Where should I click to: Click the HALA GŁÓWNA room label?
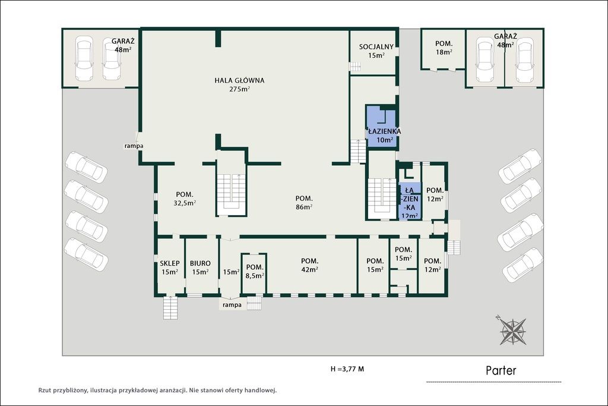pyautogui.click(x=240, y=81)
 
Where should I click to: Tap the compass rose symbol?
pyautogui.click(x=512, y=331)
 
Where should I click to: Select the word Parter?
pyautogui.click(x=501, y=371)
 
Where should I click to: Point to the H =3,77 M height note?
pyautogui.click(x=347, y=369)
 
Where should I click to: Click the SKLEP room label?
pyautogui.click(x=170, y=263)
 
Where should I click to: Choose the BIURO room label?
pyautogui.click(x=200, y=263)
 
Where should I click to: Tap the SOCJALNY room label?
pyautogui.click(x=376, y=47)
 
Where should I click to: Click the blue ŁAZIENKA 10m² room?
pyautogui.click(x=382, y=126)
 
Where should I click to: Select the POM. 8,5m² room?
pyautogui.click(x=254, y=273)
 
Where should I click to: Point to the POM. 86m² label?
pyautogui.click(x=304, y=203)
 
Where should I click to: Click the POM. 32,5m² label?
pyautogui.click(x=185, y=199)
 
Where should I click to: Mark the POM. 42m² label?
pyautogui.click(x=309, y=265)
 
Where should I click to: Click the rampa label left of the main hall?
pyautogui.click(x=134, y=146)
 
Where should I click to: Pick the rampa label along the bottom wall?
pyautogui.click(x=232, y=305)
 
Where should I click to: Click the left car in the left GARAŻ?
pyautogui.click(x=84, y=58)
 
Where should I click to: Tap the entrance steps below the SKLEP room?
pyautogui.click(x=170, y=308)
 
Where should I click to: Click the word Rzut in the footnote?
pyautogui.click(x=44, y=391)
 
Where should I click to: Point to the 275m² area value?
pyautogui.click(x=240, y=89)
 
